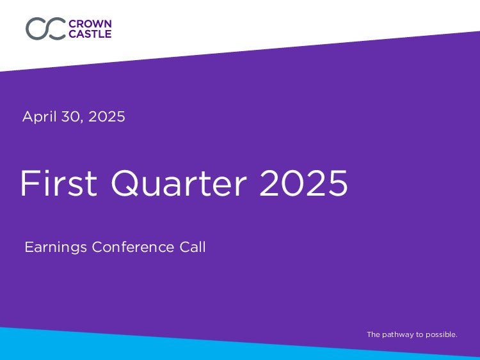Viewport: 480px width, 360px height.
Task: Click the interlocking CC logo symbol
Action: click(x=45, y=28)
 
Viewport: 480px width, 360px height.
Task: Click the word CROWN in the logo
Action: click(x=90, y=24)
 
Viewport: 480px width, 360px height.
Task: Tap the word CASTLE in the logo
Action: click(x=90, y=34)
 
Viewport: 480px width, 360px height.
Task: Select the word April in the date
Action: click(x=40, y=117)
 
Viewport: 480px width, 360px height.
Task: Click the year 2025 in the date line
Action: click(x=107, y=116)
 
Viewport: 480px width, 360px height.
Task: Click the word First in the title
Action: click(x=59, y=183)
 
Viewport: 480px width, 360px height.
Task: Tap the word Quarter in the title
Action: click(x=179, y=184)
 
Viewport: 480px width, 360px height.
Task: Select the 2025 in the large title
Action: click(x=303, y=183)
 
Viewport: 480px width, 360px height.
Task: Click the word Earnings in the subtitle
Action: click(x=56, y=247)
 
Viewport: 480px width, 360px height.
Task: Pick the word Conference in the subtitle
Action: click(x=133, y=247)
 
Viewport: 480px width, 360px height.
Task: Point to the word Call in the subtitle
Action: click(x=193, y=247)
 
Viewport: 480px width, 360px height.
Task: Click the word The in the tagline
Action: click(x=374, y=334)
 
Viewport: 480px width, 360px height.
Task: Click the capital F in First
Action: click(x=29, y=183)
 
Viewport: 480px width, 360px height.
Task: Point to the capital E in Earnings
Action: click(x=29, y=247)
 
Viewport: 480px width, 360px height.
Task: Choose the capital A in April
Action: click(x=28, y=116)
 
